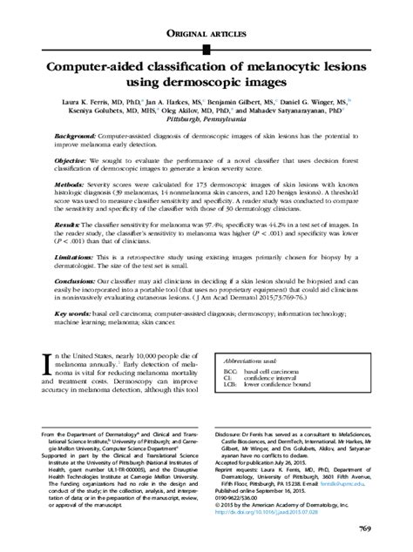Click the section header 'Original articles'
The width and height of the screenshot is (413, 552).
point(206,34)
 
